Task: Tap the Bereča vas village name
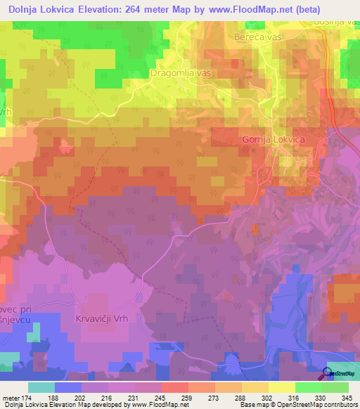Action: [x=258, y=34]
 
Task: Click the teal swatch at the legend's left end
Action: [x=41, y=387]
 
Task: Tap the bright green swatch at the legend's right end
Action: [x=335, y=387]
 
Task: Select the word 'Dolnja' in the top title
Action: [x=26, y=10]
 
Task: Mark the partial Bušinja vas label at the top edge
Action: [x=335, y=22]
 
